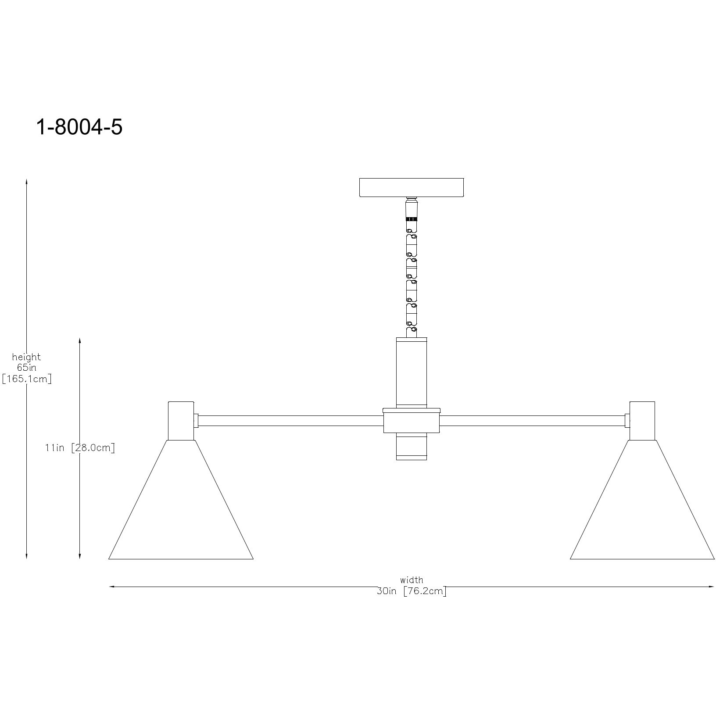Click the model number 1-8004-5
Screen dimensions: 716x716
(x=79, y=128)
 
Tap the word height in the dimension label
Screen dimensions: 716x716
(x=26, y=357)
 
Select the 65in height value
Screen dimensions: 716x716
(x=26, y=368)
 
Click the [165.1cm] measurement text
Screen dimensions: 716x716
(x=27, y=379)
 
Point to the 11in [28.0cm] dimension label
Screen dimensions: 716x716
(x=80, y=448)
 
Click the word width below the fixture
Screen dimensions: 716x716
(x=412, y=580)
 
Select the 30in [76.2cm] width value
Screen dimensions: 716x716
(x=412, y=591)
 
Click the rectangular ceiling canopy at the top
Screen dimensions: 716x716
(x=412, y=187)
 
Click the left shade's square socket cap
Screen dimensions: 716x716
(x=181, y=420)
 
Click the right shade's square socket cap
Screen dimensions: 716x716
(x=642, y=420)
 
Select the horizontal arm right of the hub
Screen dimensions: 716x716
(x=532, y=421)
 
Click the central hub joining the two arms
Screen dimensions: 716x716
(x=412, y=421)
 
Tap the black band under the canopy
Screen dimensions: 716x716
(x=411, y=218)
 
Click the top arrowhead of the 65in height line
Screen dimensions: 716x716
(x=26, y=181)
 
